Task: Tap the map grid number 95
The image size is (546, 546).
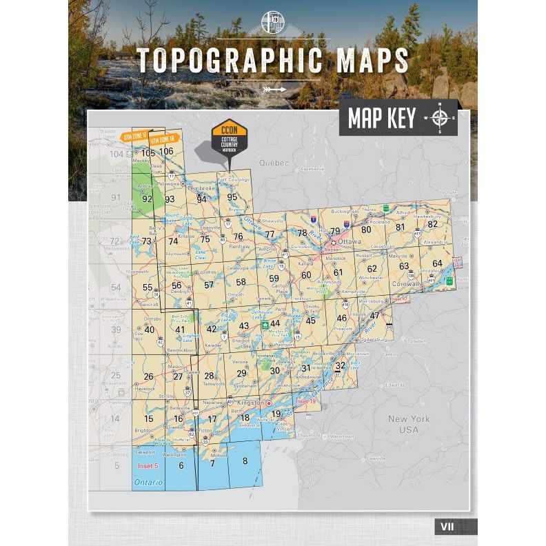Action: (x=232, y=197)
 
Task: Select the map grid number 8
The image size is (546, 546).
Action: (x=245, y=461)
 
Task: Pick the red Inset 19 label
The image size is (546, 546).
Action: (x=305, y=401)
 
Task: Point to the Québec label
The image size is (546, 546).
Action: (x=272, y=163)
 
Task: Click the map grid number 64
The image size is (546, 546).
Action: (x=437, y=263)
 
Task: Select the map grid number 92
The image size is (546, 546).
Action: (x=147, y=199)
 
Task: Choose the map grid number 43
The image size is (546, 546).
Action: (x=243, y=325)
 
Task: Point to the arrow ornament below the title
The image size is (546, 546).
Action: (x=273, y=89)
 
